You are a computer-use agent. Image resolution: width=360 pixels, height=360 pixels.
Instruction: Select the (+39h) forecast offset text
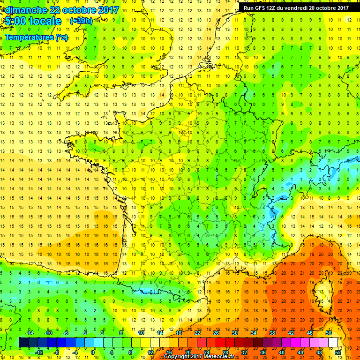(x=81, y=21)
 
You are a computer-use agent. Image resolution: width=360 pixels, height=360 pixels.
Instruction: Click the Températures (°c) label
(x=37, y=37)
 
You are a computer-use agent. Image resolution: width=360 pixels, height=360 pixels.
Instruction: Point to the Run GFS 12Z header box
(x=296, y=7)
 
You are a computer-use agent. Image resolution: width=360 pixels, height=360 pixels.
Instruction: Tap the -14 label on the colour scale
(x=30, y=332)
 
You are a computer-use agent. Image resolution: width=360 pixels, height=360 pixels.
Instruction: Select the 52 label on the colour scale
(x=338, y=352)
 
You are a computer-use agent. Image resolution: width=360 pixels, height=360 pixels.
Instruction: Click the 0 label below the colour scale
(x=93, y=352)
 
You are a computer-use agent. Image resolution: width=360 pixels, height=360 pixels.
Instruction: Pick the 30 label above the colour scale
(x=234, y=332)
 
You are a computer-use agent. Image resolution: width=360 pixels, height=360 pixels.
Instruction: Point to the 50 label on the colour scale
(x=329, y=332)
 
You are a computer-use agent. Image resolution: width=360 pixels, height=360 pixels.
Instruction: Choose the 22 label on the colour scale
(x=197, y=332)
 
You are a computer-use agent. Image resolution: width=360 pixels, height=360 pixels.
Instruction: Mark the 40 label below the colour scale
(x=282, y=352)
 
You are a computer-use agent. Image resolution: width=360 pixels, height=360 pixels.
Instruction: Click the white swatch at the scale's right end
(x=333, y=342)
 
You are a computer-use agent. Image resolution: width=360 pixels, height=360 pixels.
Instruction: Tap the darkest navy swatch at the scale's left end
(x=23, y=342)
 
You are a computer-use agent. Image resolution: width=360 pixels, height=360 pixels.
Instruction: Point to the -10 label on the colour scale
(x=48, y=332)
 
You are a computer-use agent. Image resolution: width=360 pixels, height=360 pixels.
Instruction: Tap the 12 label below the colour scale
(x=150, y=352)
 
